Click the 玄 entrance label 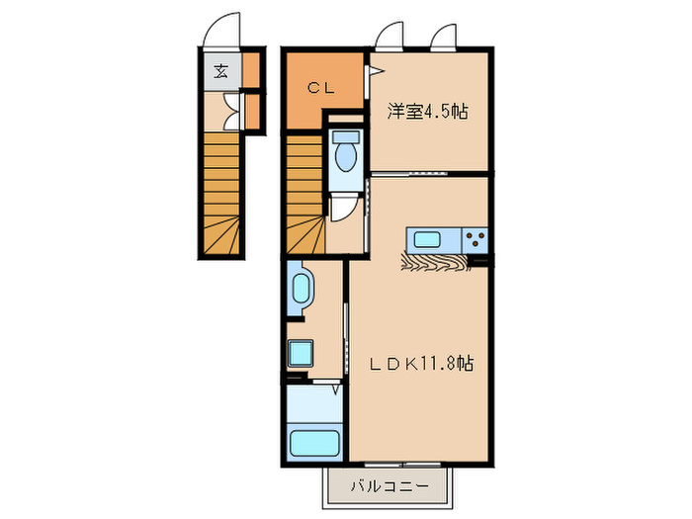tap(220, 70)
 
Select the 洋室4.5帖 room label tap(426, 112)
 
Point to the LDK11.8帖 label tap(421, 364)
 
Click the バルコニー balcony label tap(389, 486)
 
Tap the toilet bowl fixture tap(346, 154)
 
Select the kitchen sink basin tap(429, 238)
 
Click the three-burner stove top tap(475, 238)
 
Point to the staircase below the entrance tap(222, 195)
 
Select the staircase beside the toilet tap(305, 195)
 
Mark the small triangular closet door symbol tap(376, 70)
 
